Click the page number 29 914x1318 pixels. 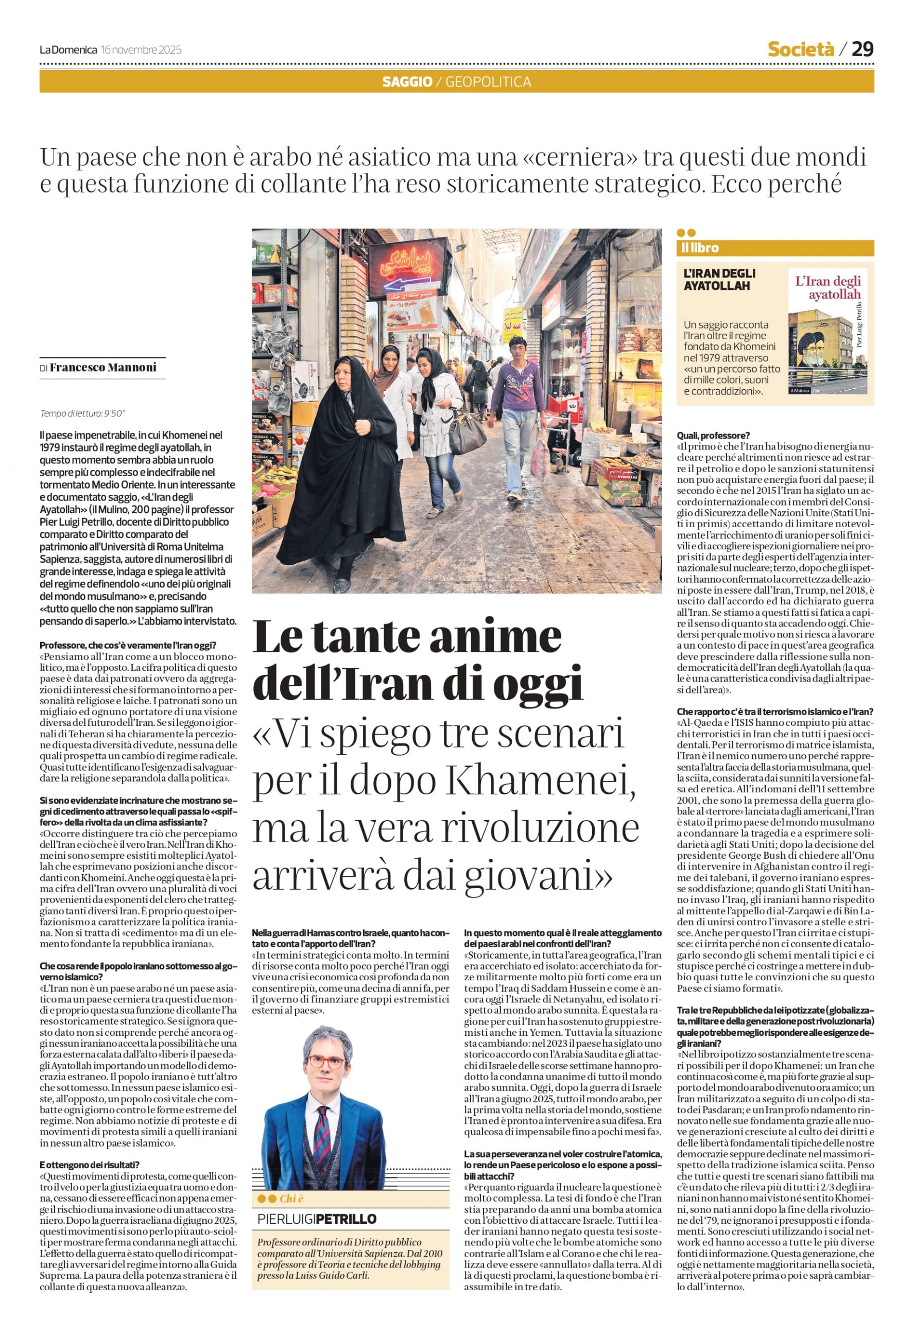863,49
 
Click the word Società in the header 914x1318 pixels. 801,50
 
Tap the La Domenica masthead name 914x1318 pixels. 68,50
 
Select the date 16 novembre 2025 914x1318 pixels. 141,50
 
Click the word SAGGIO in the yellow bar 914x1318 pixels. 407,82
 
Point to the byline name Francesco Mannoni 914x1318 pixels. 103,368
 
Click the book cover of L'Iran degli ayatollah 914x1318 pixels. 827,331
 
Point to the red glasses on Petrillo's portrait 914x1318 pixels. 326,1063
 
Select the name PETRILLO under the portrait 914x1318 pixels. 347,1218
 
